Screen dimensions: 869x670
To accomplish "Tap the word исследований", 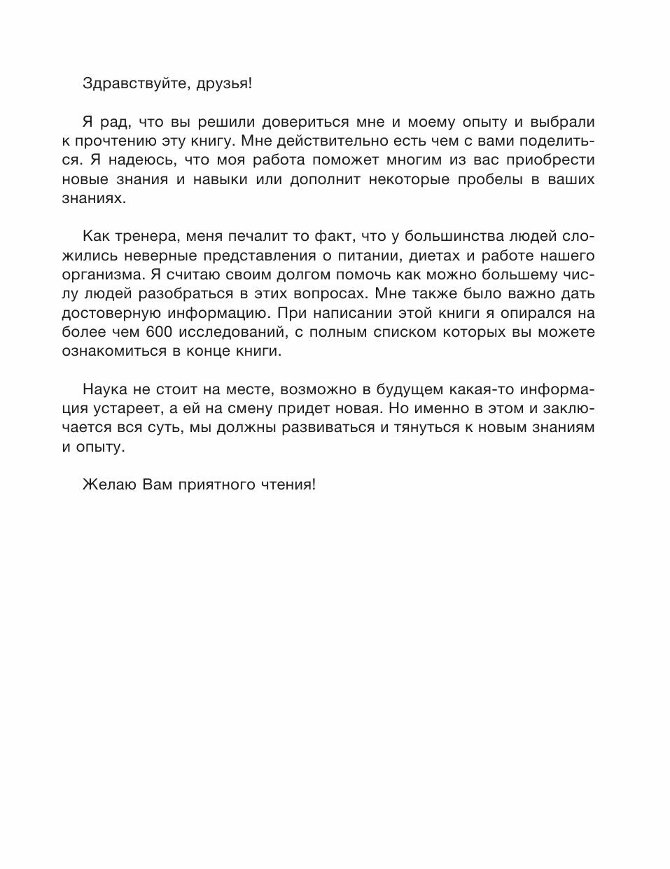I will point(230,332).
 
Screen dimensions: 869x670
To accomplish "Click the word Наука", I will point(102,389).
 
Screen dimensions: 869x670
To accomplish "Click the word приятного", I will point(220,485).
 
